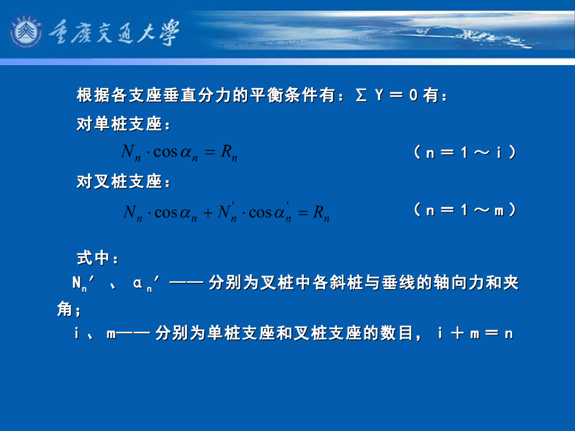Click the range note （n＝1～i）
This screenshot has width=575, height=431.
tap(464, 153)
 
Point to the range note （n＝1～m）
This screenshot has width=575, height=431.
tap(464, 210)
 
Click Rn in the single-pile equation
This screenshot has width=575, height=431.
tap(229, 153)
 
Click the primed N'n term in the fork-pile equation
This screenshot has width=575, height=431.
tap(227, 212)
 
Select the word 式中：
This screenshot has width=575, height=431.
tap(98, 259)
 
